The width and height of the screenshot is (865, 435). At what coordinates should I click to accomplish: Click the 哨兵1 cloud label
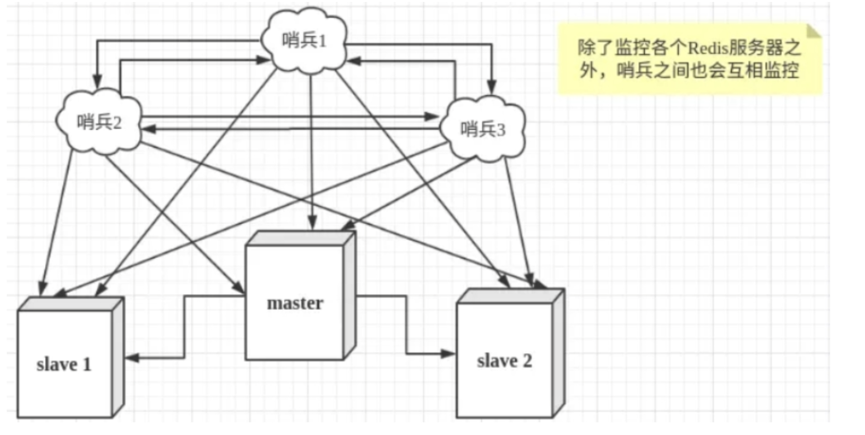pos(304,40)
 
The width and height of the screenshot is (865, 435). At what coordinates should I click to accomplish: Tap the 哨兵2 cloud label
pos(99,122)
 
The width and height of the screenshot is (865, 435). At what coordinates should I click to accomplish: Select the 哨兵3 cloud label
pos(483,129)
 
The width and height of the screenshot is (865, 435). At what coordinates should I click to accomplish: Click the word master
pos(295,303)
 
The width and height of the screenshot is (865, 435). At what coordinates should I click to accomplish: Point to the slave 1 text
pos(64,365)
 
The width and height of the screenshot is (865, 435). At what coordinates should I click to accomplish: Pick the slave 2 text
pos(504,361)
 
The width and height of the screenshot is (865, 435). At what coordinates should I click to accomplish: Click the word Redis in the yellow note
pos(707,48)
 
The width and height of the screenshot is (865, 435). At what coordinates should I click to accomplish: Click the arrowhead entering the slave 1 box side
pos(131,358)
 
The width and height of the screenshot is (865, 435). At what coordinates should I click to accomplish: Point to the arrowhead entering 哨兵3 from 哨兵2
pos(432,117)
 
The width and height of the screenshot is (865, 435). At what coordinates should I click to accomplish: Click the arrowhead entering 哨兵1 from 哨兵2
pos(263,60)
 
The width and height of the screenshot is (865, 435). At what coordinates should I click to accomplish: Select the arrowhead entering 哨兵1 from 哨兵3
pos(353,61)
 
